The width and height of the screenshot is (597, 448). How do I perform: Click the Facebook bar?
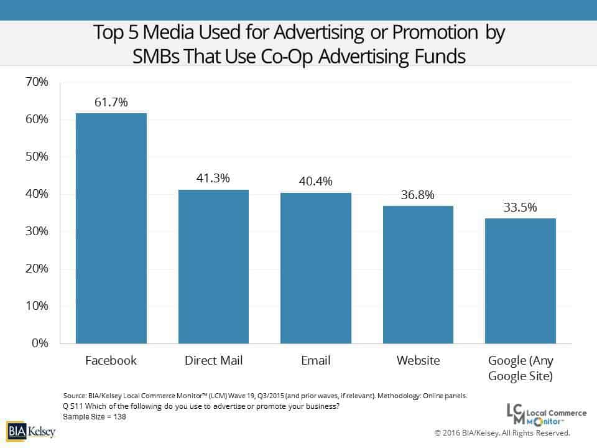pos(111,228)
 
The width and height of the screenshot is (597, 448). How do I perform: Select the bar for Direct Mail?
pos(213,266)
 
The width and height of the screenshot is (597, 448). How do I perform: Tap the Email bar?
pos(316,268)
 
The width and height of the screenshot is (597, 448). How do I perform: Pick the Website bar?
pos(418,274)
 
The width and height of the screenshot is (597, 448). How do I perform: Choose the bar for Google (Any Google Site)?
pos(520,281)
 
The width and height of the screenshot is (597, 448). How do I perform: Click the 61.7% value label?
pos(111,103)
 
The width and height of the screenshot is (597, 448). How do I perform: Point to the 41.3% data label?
pos(213,179)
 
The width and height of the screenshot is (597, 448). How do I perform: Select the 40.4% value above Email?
pos(316,182)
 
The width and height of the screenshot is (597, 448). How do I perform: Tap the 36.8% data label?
pos(418,195)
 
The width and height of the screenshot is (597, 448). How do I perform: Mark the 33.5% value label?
pos(520,207)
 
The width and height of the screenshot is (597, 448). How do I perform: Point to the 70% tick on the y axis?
pos(37,82)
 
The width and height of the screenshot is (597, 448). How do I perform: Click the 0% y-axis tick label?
pos(39,343)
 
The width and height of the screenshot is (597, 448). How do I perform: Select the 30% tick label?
pos(37,231)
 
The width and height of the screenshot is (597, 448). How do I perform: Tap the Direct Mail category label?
pos(213,361)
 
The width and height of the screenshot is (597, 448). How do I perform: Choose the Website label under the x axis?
pos(418,361)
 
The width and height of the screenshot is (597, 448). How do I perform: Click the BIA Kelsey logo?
pos(31,431)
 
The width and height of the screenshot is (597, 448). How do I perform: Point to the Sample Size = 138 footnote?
pos(95,416)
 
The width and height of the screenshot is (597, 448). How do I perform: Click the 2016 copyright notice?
pos(502,432)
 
